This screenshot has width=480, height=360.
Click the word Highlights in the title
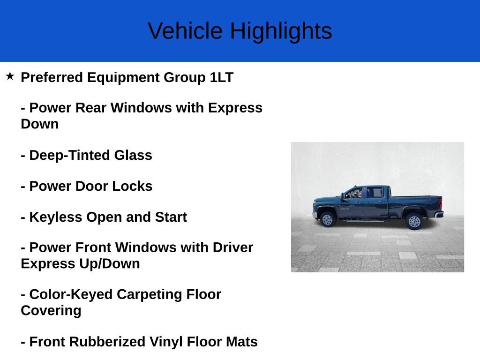(281, 31)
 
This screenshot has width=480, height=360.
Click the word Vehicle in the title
(185, 31)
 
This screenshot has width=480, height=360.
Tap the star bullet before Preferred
(10, 76)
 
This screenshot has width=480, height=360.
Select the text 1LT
(221, 77)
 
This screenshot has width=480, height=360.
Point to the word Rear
(91, 108)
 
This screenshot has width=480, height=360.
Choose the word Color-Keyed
(71, 294)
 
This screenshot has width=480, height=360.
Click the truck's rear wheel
(414, 220)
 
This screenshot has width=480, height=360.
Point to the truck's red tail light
(440, 203)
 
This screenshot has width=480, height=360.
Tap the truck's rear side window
(375, 193)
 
